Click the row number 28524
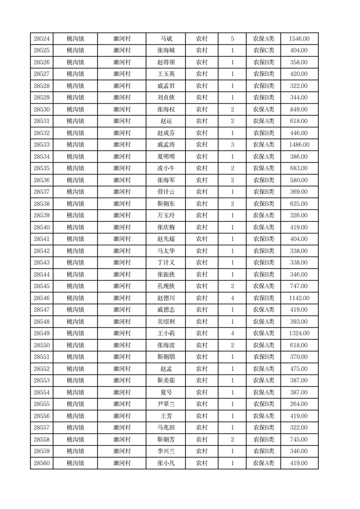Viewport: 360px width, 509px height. tap(42, 39)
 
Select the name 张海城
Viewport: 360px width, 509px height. tap(166, 51)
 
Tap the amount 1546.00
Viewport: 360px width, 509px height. tap(299, 39)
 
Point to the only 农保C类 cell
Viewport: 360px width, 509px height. tap(263, 51)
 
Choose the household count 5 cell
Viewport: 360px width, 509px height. tap(232, 39)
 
